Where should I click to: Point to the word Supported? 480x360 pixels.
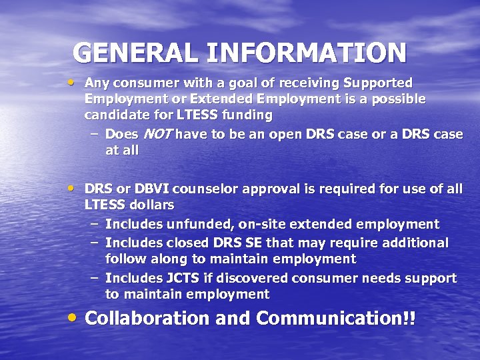coord(377,83)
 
